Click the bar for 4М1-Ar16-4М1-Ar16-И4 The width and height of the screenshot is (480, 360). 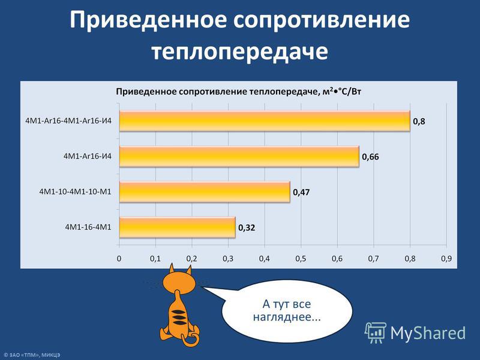tap(265, 121)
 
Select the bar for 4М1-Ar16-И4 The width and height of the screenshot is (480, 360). tap(239, 157)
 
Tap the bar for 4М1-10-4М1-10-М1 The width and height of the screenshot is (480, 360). tap(205, 192)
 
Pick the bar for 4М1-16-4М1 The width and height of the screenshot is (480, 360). tap(177, 227)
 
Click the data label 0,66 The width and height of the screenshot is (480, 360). tap(370, 157)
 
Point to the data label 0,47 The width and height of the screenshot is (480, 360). tap(301, 193)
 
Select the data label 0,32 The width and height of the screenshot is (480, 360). tap(247, 228)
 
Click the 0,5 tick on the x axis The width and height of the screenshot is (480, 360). tap(301, 259)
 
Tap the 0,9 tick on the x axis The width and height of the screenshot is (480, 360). tap(446, 259)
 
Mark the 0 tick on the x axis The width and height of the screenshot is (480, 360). tap(119, 259)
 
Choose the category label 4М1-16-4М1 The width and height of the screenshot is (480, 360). tap(88, 227)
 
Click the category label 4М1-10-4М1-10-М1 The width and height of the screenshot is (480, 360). tap(76, 191)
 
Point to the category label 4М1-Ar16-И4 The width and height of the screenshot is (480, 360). tap(88, 156)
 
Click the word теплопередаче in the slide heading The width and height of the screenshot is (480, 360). tap(239, 51)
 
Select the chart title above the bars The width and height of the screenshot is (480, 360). tap(238, 92)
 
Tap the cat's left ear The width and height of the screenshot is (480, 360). tap(172, 269)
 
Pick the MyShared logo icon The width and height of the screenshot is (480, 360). tap(375, 332)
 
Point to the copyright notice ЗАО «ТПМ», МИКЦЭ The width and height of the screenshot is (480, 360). tap(32, 355)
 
